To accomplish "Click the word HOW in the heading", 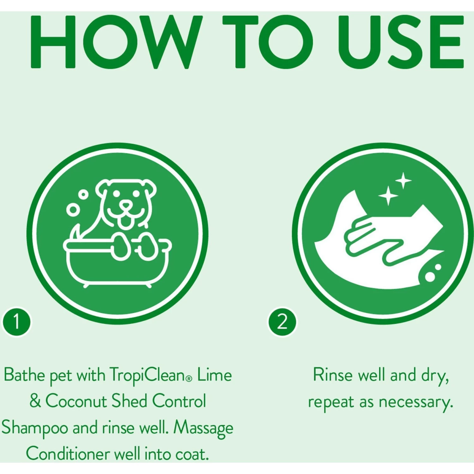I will (115, 42).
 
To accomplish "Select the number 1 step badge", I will (17, 322).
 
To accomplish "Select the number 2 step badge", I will (282, 322).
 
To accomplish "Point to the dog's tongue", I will (126, 222).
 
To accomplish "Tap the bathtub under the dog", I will (117, 265).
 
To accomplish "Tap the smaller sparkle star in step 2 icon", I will (404, 181).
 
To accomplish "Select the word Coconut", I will (76, 401).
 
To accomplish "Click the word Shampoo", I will (35, 428).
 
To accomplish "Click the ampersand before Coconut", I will (35, 401).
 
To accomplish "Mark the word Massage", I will (203, 428).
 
